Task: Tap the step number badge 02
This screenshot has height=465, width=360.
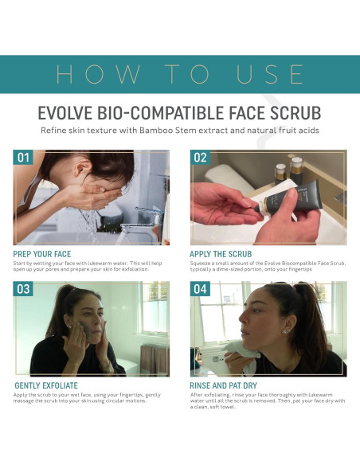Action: (x=200, y=158)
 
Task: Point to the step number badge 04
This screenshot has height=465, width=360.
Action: (x=200, y=288)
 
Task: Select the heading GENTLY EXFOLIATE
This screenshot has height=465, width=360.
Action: (x=46, y=385)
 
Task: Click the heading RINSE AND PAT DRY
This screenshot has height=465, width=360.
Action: (x=229, y=385)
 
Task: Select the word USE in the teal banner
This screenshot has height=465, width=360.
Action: (x=266, y=74)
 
